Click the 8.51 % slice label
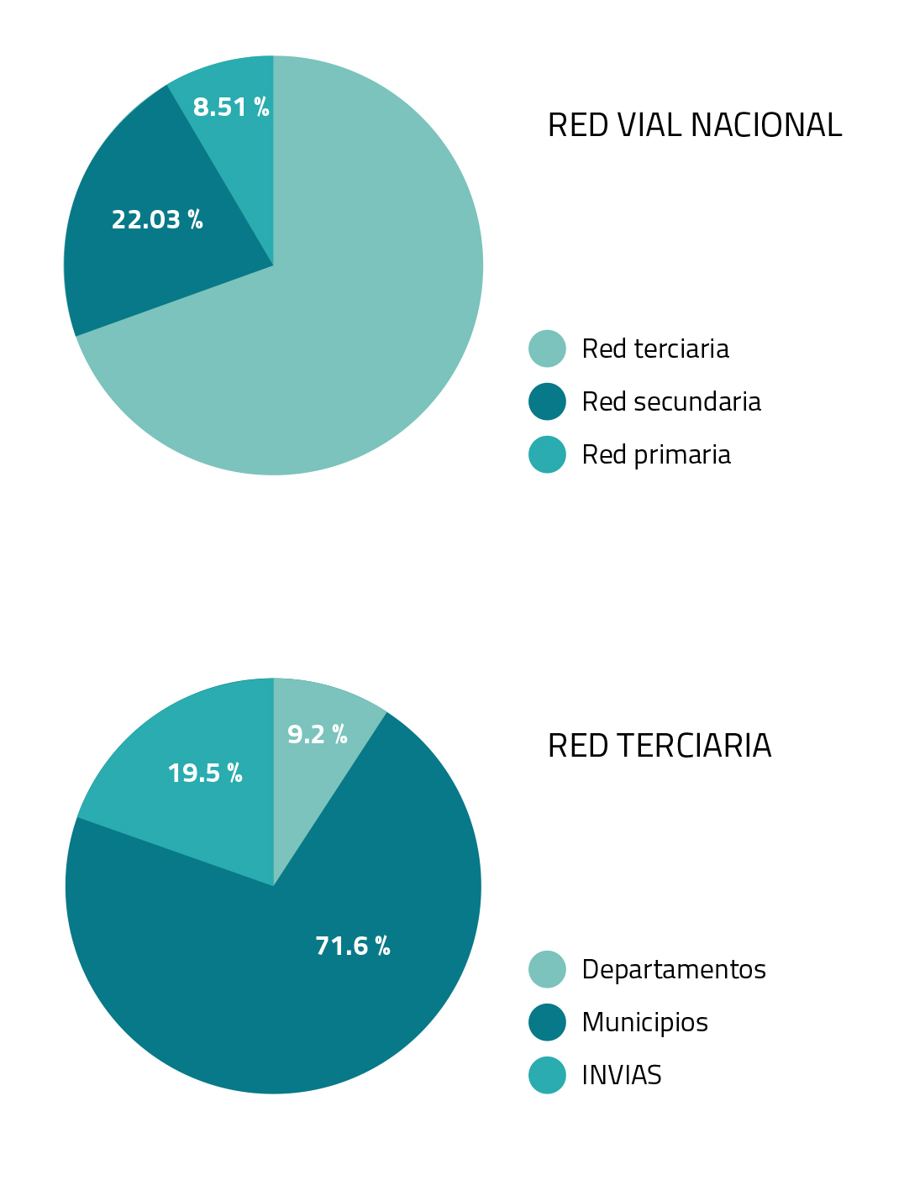pos(231,107)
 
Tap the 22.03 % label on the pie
pos(157,220)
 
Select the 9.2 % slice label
pos(317,735)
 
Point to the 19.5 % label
pos(205,773)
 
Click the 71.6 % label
pos(353,946)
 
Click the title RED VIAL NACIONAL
pos(694,126)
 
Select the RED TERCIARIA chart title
pos(659,746)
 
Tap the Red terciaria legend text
pos(655,349)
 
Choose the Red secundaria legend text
pos(671,401)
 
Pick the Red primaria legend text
pos(656,454)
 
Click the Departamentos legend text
pos(674,969)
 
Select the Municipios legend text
pos(644,1022)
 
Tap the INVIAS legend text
pos(622,1075)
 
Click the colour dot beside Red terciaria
pos(547,349)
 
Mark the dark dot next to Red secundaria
pos(547,401)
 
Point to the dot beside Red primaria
pos(547,454)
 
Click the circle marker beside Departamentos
pos(547,969)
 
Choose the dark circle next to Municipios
pos(547,1022)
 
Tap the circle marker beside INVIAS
pos(547,1075)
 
